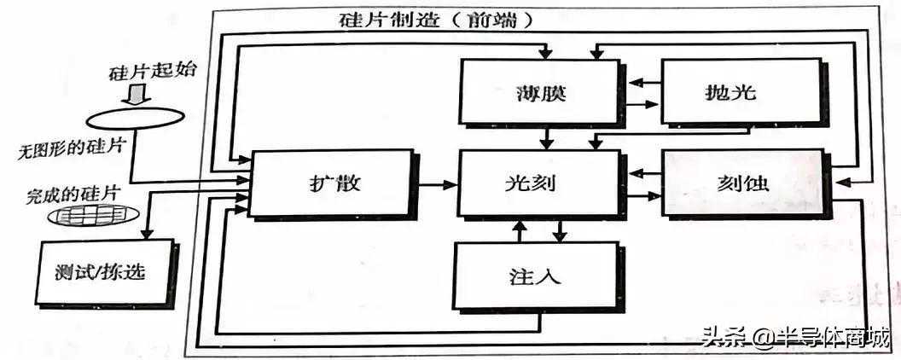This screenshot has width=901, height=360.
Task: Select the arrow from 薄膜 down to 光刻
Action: point(547,137)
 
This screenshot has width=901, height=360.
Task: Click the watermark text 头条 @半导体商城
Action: point(795,336)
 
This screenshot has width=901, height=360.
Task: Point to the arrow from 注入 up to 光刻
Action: point(520,230)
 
